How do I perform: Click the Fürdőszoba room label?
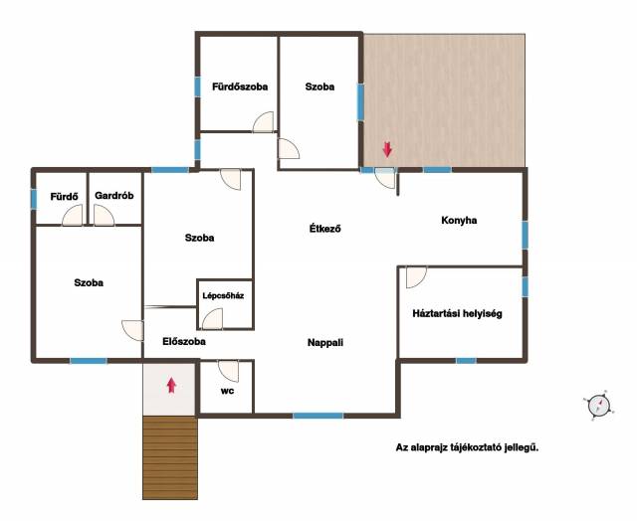tap(240, 87)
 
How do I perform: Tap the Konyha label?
tap(459, 221)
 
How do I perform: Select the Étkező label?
tap(325, 229)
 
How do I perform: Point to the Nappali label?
tap(325, 343)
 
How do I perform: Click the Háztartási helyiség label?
tap(457, 313)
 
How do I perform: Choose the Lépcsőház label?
tap(223, 296)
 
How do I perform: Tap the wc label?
tap(227, 391)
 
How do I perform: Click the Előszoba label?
tap(184, 342)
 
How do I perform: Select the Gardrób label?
tap(114, 196)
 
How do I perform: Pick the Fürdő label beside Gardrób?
tap(64, 197)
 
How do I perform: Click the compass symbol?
tap(599, 405)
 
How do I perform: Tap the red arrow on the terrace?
tap(387, 149)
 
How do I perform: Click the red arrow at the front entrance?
tap(171, 386)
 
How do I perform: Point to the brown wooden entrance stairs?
tap(170, 457)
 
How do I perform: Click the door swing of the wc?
tap(229, 371)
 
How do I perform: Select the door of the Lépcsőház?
tap(212, 319)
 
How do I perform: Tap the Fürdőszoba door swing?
tap(263, 121)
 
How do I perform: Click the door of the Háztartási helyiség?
tap(416, 277)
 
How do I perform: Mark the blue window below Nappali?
tap(318, 416)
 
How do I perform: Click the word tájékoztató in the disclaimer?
tap(480, 448)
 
